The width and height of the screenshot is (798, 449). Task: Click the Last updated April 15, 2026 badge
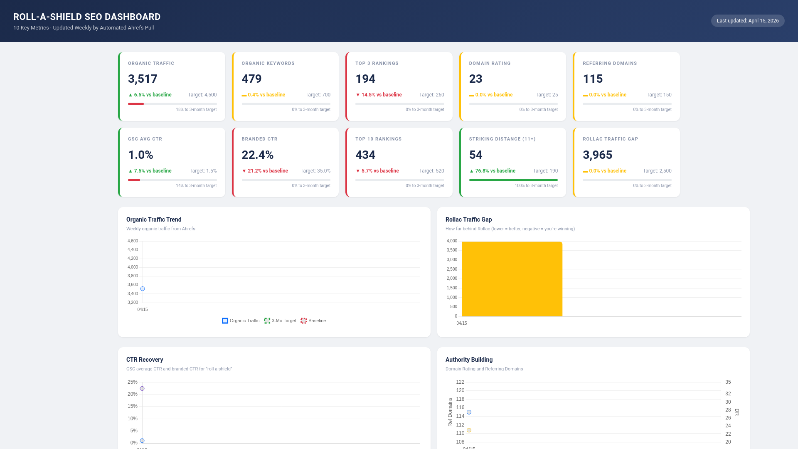[747, 21]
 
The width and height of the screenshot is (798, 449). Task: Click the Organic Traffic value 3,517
[143, 79]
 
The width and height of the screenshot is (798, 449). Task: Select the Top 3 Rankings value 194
[365, 79]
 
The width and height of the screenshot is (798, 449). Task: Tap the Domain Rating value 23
[475, 79]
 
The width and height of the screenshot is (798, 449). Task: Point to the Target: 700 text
[318, 95]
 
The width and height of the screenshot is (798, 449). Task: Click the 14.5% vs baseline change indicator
[379, 95]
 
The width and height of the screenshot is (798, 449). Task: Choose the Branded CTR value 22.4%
[257, 155]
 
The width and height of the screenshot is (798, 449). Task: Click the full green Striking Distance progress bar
[513, 180]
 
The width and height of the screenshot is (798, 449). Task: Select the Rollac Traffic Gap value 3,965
[597, 155]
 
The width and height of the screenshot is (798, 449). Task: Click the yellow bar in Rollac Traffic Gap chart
[512, 279]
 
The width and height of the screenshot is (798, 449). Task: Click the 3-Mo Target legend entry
[280, 321]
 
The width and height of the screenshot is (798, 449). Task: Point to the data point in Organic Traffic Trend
[143, 289]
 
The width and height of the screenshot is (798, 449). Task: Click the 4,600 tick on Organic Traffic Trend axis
[133, 241]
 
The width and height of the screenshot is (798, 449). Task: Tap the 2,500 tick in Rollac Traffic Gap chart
[451, 269]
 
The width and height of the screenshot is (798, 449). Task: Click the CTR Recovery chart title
[144, 360]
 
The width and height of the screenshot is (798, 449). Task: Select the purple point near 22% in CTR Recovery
[142, 388]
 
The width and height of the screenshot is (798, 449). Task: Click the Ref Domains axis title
[450, 412]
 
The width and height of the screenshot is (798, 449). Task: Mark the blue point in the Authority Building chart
[469, 412]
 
